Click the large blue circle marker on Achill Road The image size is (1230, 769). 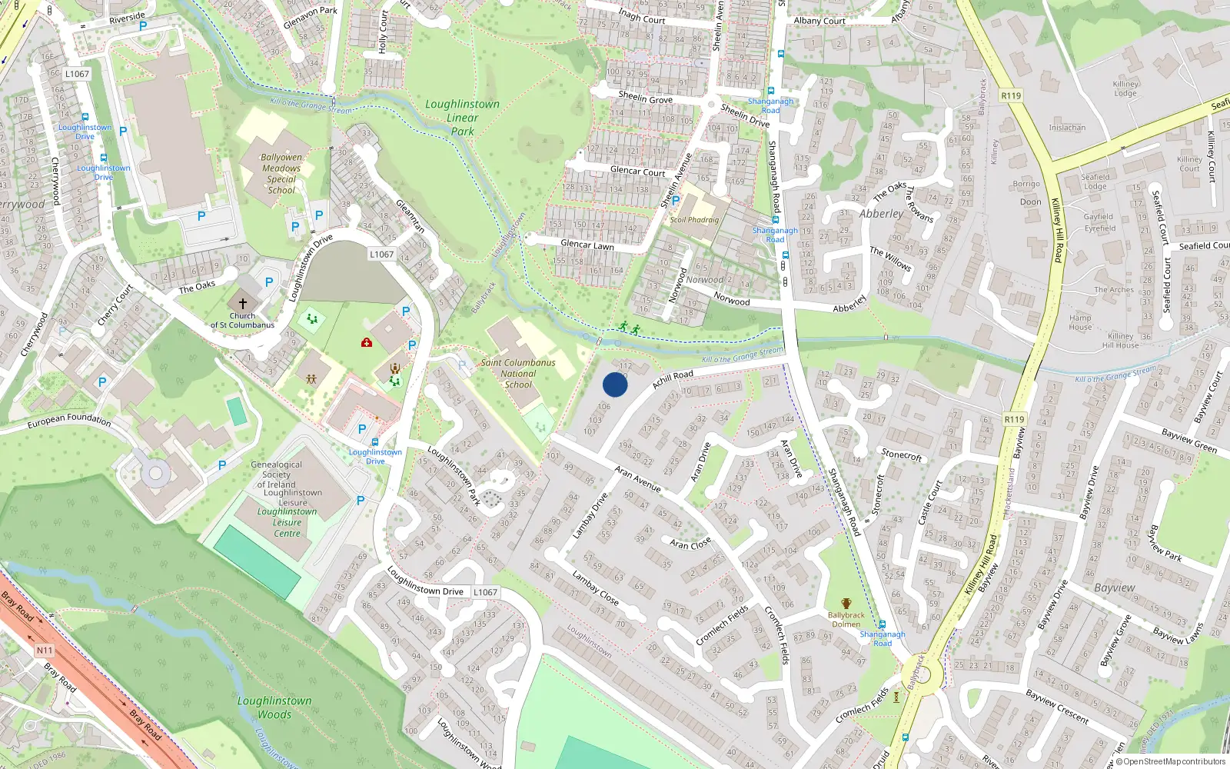click(615, 384)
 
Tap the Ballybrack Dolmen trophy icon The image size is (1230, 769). click(846, 604)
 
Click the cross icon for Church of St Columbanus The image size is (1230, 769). click(243, 304)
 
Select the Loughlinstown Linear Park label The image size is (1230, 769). click(462, 118)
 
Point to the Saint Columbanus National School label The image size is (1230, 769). click(518, 374)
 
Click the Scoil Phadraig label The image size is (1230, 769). click(694, 220)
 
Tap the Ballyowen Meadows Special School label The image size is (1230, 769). click(281, 174)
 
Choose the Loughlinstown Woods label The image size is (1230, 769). click(274, 707)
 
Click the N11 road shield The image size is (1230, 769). click(45, 650)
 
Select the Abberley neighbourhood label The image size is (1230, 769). click(881, 214)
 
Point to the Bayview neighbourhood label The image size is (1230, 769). click(1114, 588)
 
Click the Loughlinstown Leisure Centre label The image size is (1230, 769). click(287, 522)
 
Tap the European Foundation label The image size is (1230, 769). click(69, 420)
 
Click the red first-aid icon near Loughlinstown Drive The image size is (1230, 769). click(367, 342)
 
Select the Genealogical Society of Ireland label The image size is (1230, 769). click(277, 474)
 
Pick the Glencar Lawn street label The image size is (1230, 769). click(587, 245)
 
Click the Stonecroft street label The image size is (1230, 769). click(901, 455)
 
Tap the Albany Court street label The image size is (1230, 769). click(819, 21)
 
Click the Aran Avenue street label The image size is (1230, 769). click(637, 478)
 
